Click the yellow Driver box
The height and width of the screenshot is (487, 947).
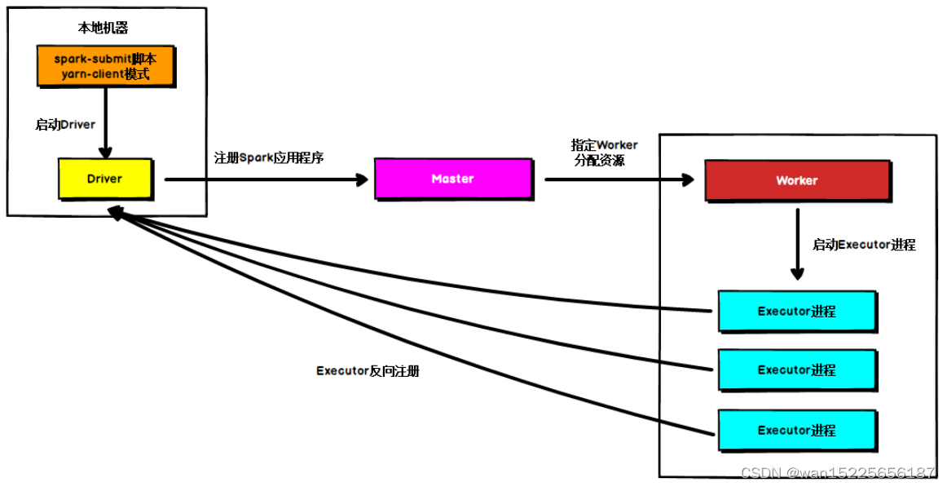pyautogui.click(x=104, y=178)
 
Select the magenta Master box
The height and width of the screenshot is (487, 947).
pyautogui.click(x=452, y=179)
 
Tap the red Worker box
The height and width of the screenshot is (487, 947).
pyautogui.click(x=796, y=180)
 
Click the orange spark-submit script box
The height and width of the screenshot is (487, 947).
pyautogui.click(x=104, y=65)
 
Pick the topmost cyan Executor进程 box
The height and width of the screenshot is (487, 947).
pyautogui.click(x=796, y=311)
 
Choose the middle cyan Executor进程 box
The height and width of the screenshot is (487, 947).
pyautogui.click(x=796, y=370)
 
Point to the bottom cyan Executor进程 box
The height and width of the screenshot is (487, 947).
pyautogui.click(x=796, y=430)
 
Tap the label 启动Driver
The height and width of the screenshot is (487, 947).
pyautogui.click(x=65, y=125)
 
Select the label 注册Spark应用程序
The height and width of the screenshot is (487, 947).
pyautogui.click(x=268, y=157)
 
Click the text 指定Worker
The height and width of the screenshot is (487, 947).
pyautogui.click(x=604, y=144)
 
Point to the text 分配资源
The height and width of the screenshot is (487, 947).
pyautogui.click(x=599, y=161)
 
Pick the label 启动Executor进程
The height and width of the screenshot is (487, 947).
pyautogui.click(x=864, y=244)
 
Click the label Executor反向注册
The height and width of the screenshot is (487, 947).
pyautogui.click(x=368, y=370)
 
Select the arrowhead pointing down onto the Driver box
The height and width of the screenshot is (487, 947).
pyautogui.click(x=104, y=153)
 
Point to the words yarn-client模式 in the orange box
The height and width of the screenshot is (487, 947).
pyautogui.click(x=104, y=73)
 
